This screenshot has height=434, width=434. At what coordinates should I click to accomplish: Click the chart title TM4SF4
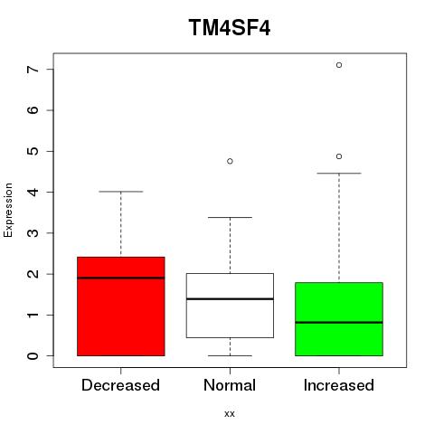pyautogui.click(x=230, y=27)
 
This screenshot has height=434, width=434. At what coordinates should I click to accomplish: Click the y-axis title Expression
pyautogui.click(x=8, y=210)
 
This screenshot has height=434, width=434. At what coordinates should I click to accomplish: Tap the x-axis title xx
pyautogui.click(x=230, y=413)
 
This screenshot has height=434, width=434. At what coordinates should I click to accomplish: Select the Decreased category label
pyautogui.click(x=120, y=385)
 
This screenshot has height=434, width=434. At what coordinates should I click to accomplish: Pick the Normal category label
pyautogui.click(x=230, y=385)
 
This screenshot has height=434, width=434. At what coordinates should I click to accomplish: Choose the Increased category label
pyautogui.click(x=339, y=385)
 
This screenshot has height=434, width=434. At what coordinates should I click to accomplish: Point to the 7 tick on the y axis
pyautogui.click(x=33, y=70)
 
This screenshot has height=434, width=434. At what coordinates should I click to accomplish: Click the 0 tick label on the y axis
pyautogui.click(x=33, y=356)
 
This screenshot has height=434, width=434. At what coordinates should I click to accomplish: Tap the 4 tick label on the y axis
pyautogui.click(x=33, y=192)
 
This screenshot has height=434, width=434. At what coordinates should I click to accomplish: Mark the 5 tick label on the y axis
pyautogui.click(x=33, y=151)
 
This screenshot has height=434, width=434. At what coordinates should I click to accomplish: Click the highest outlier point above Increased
pyautogui.click(x=339, y=65)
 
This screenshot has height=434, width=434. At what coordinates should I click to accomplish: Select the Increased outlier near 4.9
pyautogui.click(x=339, y=156)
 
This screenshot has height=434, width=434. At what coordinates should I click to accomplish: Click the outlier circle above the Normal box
pyautogui.click(x=230, y=161)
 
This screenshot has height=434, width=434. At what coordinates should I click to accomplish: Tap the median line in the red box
pyautogui.click(x=121, y=278)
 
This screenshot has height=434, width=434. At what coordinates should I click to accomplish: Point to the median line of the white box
pyautogui.click(x=230, y=299)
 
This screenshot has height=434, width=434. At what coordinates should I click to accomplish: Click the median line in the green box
pyautogui.click(x=339, y=323)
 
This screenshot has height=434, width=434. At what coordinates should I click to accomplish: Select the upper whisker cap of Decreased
pyautogui.click(x=121, y=192)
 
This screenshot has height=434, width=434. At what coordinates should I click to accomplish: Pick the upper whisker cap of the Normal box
pyautogui.click(x=230, y=217)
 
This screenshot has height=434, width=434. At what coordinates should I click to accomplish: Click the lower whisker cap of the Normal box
pyautogui.click(x=230, y=355)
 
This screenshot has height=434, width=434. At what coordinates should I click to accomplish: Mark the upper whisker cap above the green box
pyautogui.click(x=339, y=174)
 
